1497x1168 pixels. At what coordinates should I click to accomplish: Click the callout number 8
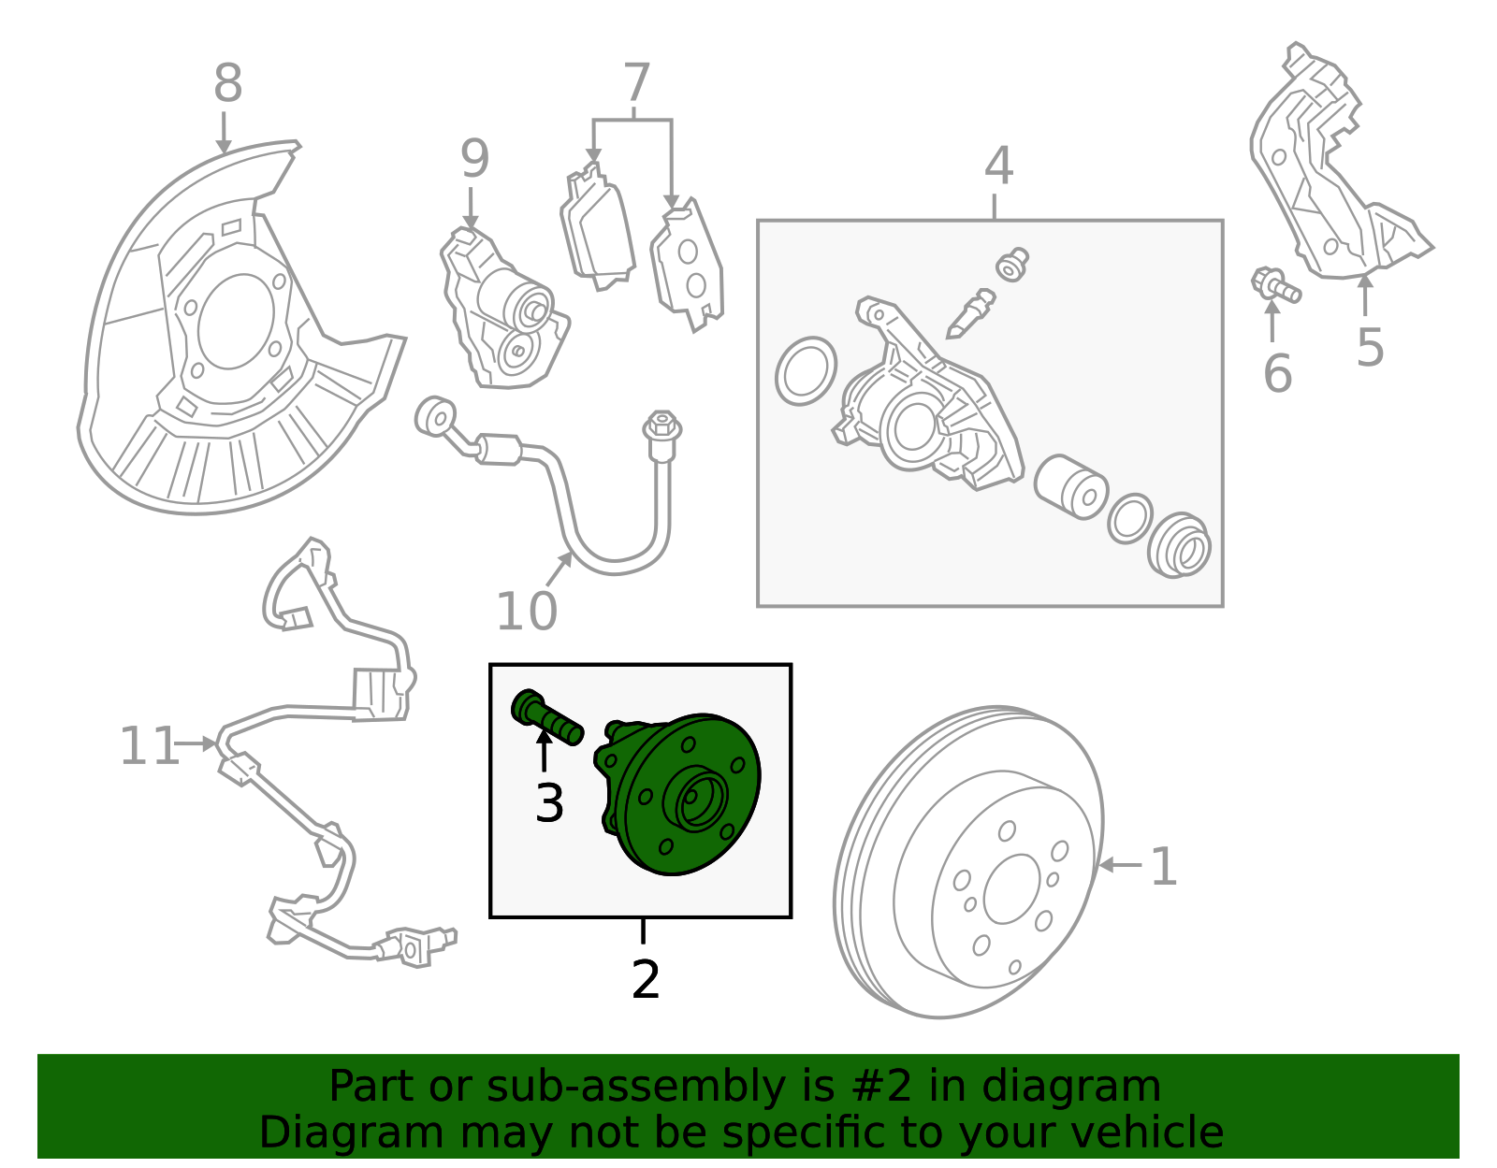(x=227, y=84)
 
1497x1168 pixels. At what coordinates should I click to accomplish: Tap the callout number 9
(x=474, y=160)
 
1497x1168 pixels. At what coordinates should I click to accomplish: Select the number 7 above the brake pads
(x=636, y=84)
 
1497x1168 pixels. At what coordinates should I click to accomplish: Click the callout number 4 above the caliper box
(x=998, y=166)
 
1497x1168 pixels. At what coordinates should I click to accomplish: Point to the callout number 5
(x=1370, y=348)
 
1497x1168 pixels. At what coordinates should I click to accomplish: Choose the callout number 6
(x=1277, y=374)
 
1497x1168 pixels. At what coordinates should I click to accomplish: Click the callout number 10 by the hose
(x=526, y=613)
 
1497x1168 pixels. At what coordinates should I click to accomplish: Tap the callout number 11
(x=149, y=746)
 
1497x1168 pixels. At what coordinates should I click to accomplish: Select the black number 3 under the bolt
(x=549, y=803)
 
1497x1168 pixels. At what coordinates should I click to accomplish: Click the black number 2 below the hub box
(x=646, y=979)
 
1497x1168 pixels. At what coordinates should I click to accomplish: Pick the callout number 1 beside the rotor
(x=1163, y=867)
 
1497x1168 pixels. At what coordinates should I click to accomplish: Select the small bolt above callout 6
(x=1274, y=285)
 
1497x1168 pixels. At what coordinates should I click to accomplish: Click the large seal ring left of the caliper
(x=806, y=371)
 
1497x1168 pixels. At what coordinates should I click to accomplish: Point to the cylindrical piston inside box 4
(x=1071, y=486)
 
